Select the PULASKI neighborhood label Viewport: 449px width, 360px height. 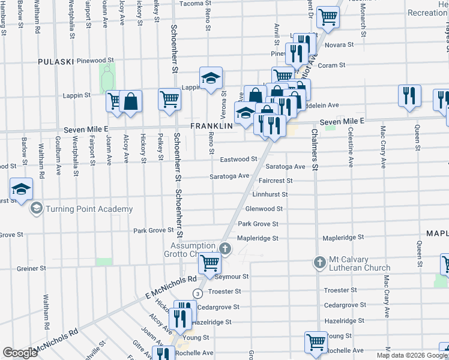[x=56, y=61]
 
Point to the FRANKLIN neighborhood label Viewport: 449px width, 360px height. [x=211, y=126]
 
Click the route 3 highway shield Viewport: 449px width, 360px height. [x=197, y=292]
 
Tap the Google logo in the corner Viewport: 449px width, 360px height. [x=19, y=353]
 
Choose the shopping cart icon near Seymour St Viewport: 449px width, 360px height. [x=210, y=262]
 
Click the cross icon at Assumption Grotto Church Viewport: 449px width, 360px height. [x=224, y=248]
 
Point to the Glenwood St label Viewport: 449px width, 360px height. [x=264, y=209]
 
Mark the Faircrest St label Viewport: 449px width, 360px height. [x=275, y=180]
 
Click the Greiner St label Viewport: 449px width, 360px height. [x=28, y=268]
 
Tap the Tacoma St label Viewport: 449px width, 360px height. [x=192, y=3]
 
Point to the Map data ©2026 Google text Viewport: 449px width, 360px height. [x=411, y=355]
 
